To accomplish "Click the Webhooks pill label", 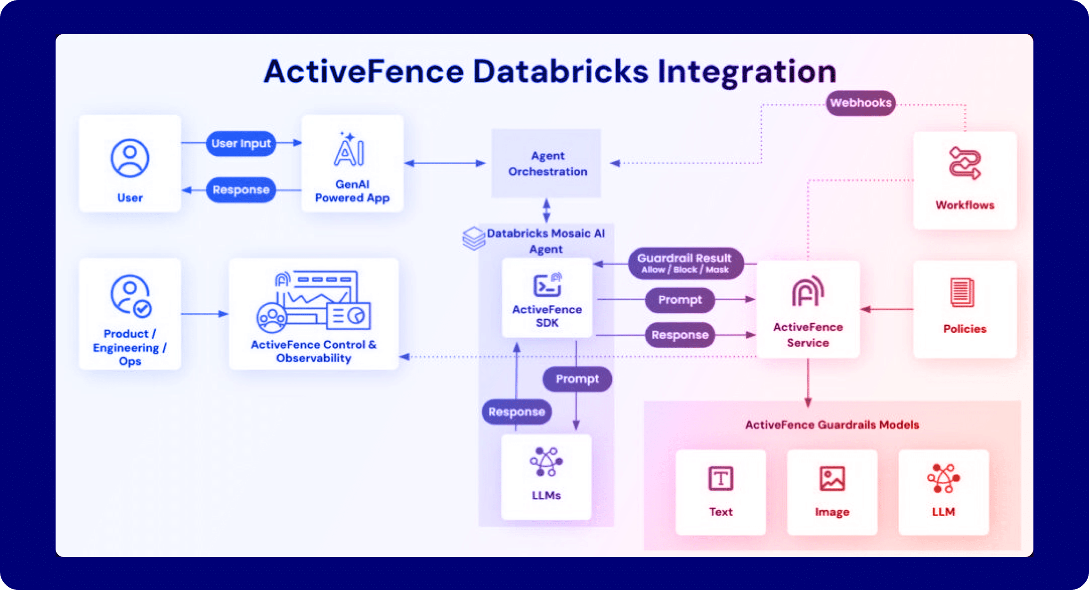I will (x=861, y=103).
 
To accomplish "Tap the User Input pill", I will (x=241, y=144).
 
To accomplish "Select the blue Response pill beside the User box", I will (x=241, y=190).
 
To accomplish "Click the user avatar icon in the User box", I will (x=130, y=158).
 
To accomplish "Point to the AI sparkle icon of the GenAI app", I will (x=349, y=150).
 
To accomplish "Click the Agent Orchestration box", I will (x=546, y=163).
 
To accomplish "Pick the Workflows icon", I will (x=965, y=163).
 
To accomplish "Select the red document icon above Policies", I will (x=962, y=293).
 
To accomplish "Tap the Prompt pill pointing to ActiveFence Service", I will (x=680, y=300).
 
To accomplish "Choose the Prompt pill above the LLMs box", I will (x=577, y=379).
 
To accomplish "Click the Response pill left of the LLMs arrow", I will (x=516, y=412).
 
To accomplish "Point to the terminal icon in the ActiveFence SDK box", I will (x=547, y=285).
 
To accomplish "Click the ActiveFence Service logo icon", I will (x=808, y=292).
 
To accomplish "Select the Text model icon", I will (x=721, y=478).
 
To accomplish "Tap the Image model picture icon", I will (x=832, y=478).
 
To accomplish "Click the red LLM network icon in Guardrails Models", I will (x=943, y=478).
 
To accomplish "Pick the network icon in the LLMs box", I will (x=546, y=462).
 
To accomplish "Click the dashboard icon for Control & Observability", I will (x=314, y=301).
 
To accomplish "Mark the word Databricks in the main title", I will (x=560, y=72).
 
